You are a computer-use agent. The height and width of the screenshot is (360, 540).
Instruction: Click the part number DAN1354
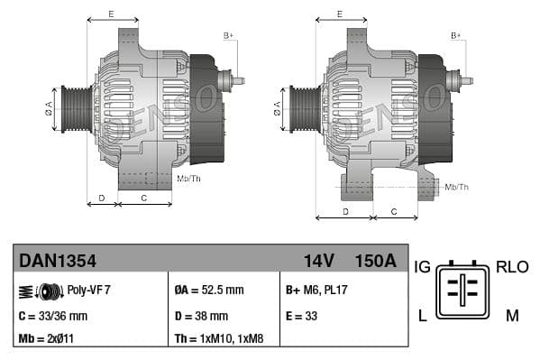[x=58, y=261]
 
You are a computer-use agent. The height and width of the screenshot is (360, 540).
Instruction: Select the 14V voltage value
[x=318, y=261]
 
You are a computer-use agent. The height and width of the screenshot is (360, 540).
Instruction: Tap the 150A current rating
[x=375, y=261]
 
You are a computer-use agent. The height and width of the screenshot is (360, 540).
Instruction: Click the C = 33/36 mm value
[x=53, y=316]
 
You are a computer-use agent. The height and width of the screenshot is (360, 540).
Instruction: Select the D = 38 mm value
[x=201, y=316]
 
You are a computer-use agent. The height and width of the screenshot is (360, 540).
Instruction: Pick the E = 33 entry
[x=302, y=316]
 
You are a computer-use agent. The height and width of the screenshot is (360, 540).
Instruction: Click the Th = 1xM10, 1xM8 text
[x=218, y=340]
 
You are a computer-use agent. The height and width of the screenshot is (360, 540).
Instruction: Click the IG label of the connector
[x=422, y=267]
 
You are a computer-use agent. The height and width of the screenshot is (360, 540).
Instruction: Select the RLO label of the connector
[x=512, y=267]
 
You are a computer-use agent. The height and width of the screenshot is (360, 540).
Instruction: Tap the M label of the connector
[x=512, y=314]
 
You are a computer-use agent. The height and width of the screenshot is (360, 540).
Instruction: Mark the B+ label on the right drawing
[x=455, y=35]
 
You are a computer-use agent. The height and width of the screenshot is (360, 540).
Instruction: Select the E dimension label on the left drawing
[x=111, y=14]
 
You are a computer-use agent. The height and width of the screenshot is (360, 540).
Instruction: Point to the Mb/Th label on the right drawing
[x=457, y=187]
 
